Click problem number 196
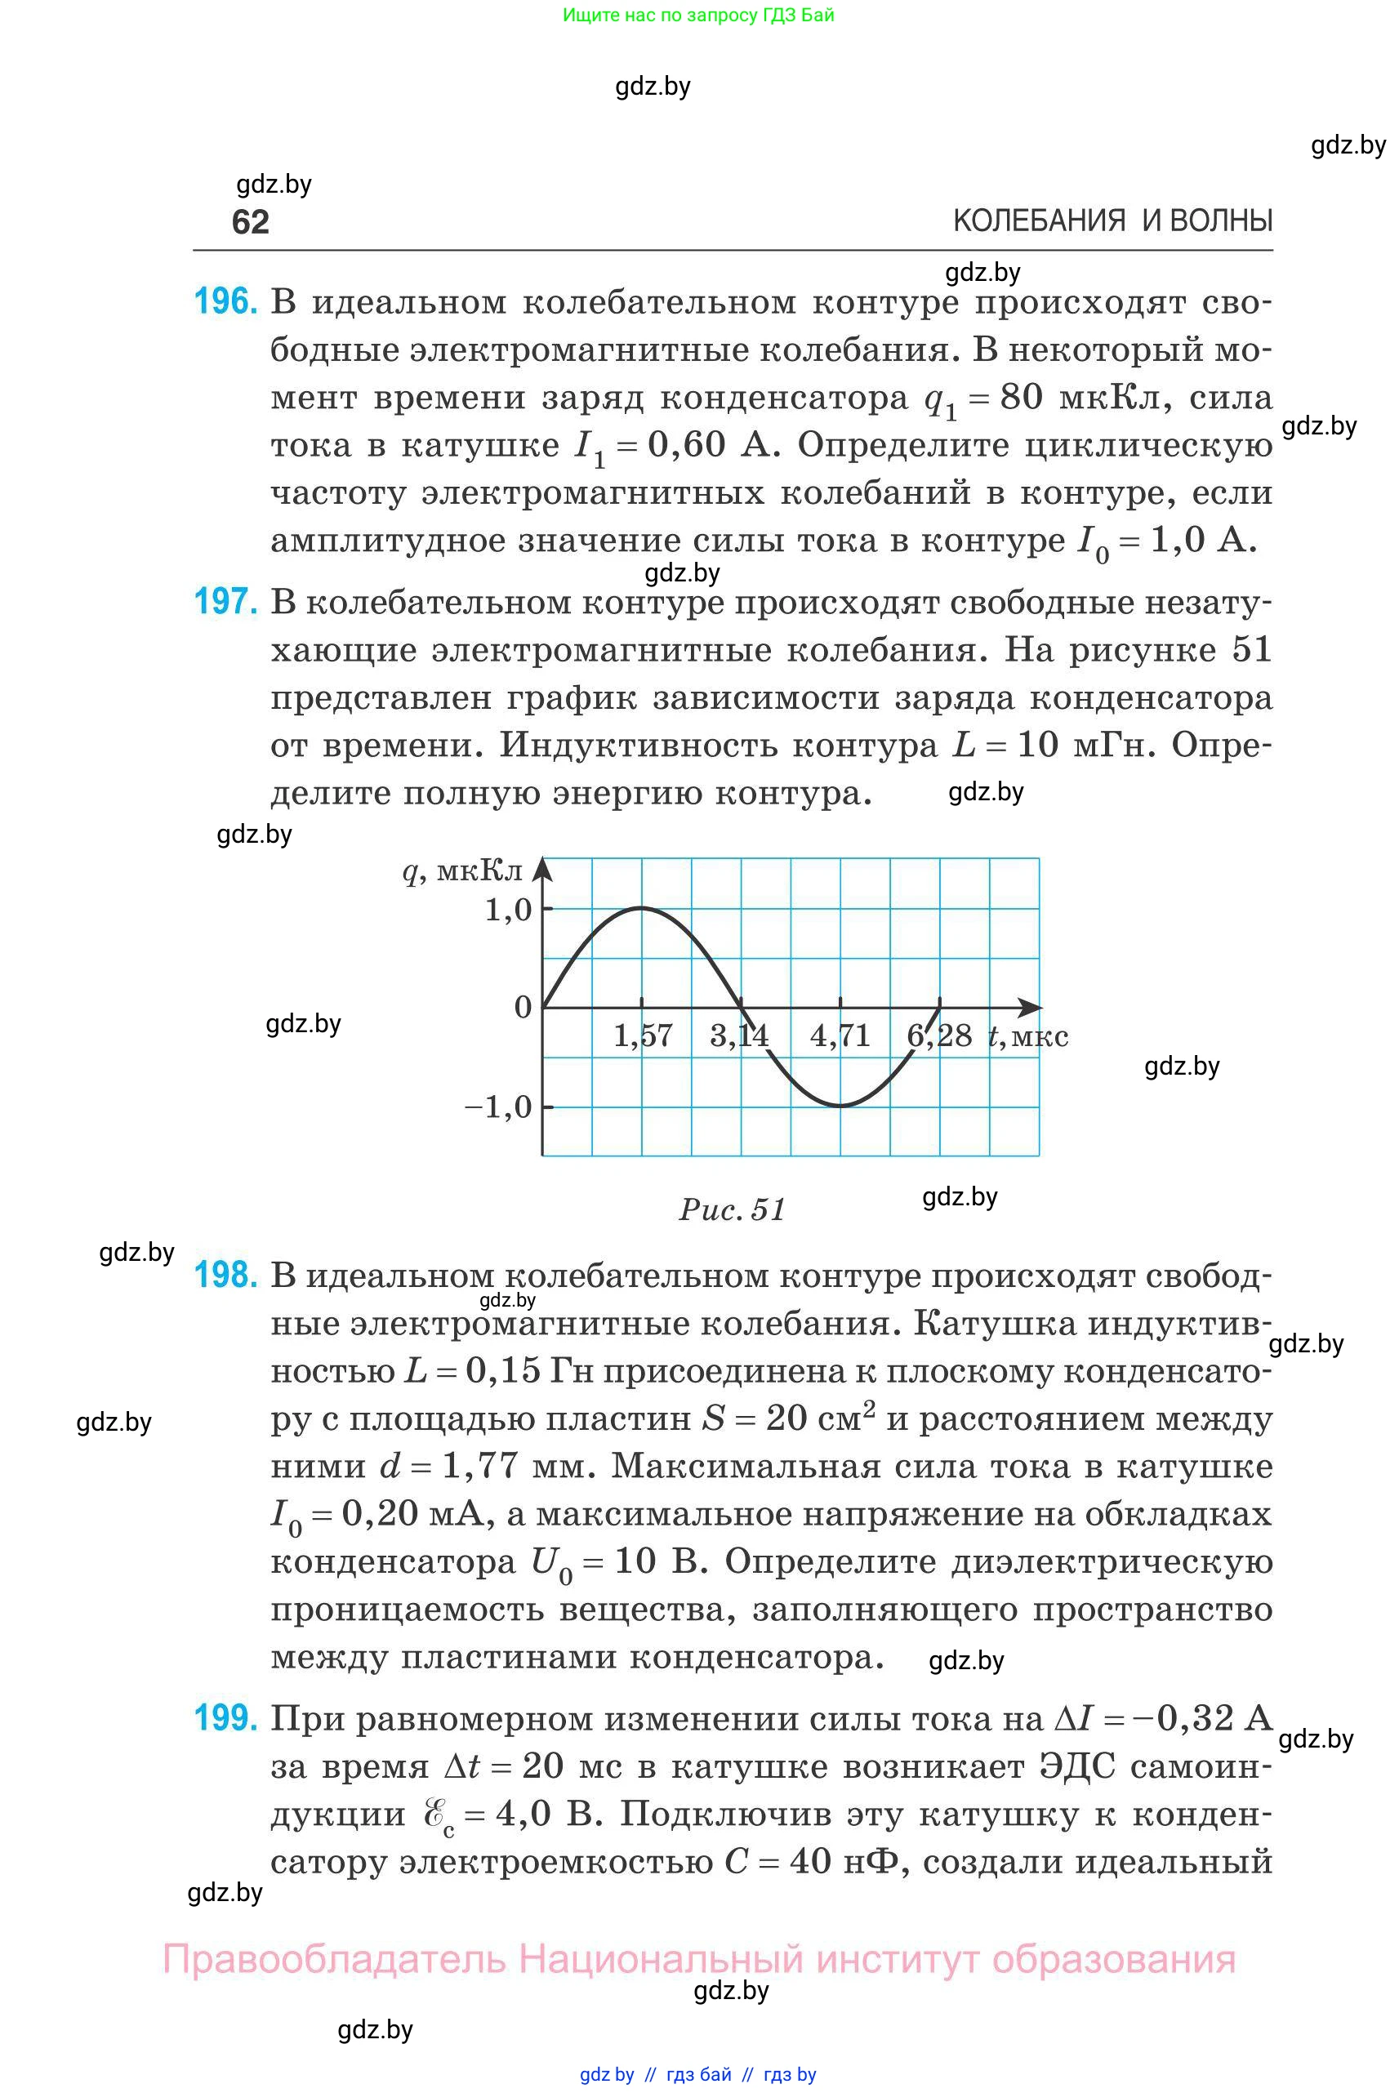tap(225, 301)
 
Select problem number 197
tap(225, 602)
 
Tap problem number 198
tap(225, 1275)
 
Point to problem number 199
tap(225, 1717)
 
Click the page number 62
tap(250, 221)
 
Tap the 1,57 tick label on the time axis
tap(643, 1035)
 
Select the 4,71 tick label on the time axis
tap(840, 1035)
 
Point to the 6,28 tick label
tap(938, 1035)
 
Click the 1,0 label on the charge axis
tap(508, 910)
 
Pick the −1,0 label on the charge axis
tap(498, 1107)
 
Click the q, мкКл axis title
tap(462, 871)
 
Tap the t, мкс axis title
tap(1028, 1035)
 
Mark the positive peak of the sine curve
tap(643, 908)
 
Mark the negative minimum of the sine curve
tap(840, 1107)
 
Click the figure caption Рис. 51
tap(732, 1209)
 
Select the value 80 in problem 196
tap(1021, 397)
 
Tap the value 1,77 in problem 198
tap(479, 1466)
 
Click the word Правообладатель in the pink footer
tap(334, 1959)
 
